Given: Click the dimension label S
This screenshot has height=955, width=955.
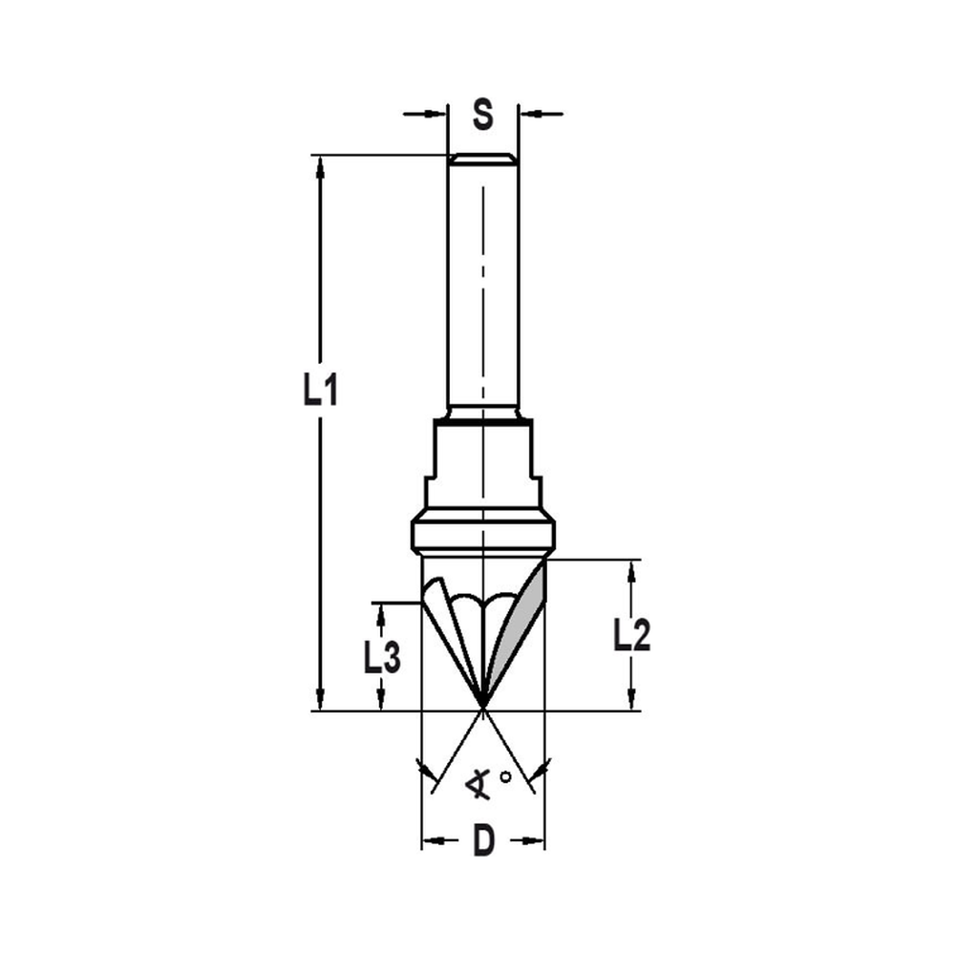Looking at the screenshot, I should [x=483, y=116].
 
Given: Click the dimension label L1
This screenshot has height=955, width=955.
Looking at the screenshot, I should [x=320, y=390].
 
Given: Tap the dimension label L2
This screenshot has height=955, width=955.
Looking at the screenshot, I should [x=631, y=635].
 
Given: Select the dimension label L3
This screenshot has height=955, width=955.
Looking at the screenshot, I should [x=382, y=657].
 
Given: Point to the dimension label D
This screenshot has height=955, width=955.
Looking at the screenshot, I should [x=484, y=842].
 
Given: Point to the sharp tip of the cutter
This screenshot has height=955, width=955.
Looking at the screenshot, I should [x=483, y=710].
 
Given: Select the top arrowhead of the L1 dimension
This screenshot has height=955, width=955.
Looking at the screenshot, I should [x=320, y=164].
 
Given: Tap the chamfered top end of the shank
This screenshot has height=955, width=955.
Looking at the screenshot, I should [x=483, y=159].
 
